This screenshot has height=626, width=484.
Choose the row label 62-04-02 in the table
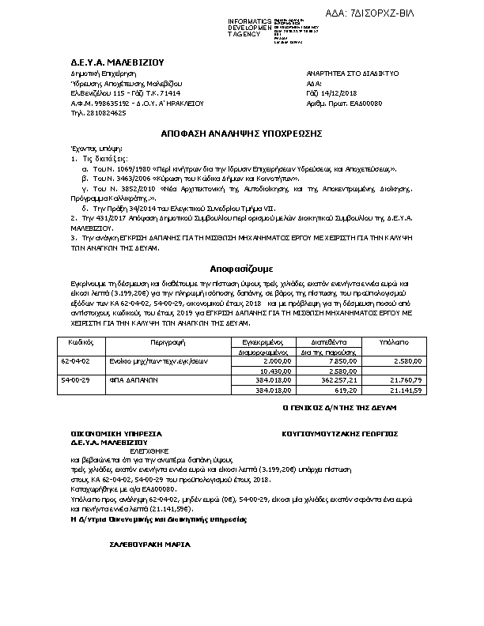76,360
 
